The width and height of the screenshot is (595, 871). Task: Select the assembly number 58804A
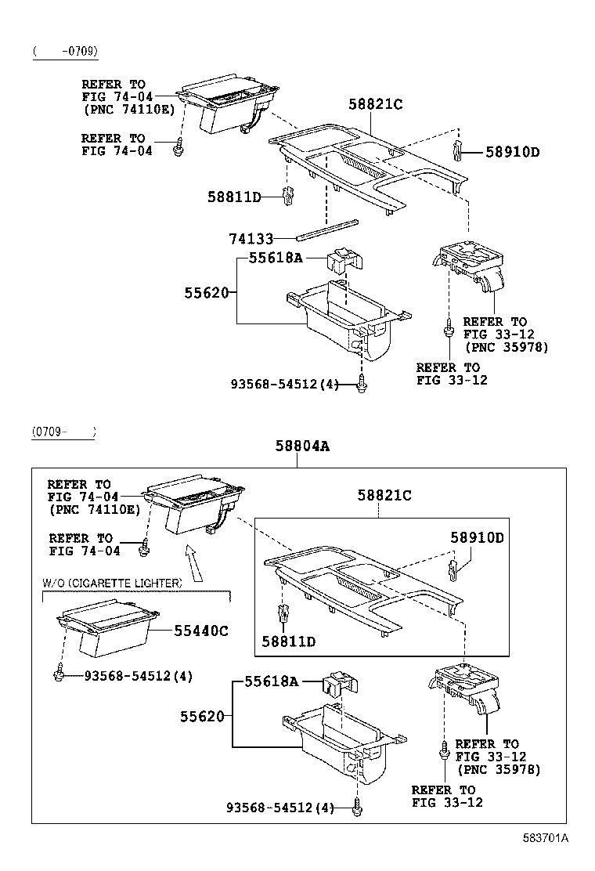tap(301, 446)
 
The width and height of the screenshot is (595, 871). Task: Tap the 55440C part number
tap(200, 631)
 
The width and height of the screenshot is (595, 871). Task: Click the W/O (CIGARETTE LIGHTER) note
tap(112, 583)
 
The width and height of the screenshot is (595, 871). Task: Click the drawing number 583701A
tap(546, 837)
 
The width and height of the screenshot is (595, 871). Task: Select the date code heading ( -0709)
tap(65, 52)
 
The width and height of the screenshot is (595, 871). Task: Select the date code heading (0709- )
tap(63, 432)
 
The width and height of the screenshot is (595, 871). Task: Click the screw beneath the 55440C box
tap(60, 673)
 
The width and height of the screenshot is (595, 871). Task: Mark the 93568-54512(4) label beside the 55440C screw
tap(138, 676)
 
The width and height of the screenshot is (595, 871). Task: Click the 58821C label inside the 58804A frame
tap(384, 495)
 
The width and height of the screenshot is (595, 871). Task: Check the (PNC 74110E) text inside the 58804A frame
tap(95, 509)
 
